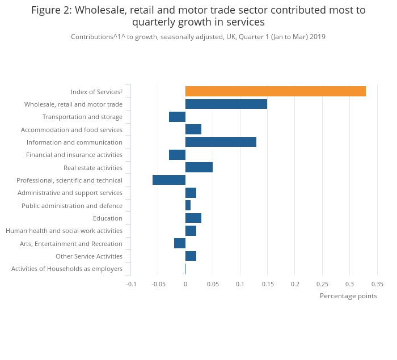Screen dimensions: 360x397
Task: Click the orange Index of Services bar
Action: [x=275, y=91]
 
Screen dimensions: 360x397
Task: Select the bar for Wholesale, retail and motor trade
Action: [x=226, y=104]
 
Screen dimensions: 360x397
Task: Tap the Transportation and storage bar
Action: [x=177, y=117]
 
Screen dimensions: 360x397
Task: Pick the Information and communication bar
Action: [x=221, y=142]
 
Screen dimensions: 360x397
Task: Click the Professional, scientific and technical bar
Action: [x=169, y=180]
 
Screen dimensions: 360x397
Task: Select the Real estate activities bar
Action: [x=198, y=167]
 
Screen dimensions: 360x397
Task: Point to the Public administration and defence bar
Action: [x=188, y=205]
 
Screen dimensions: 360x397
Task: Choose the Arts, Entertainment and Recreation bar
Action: [x=179, y=243]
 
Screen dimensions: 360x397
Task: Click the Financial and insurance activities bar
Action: [x=177, y=155]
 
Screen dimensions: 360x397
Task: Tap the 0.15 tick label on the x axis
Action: [x=267, y=284]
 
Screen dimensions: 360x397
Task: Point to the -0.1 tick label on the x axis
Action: [x=131, y=284]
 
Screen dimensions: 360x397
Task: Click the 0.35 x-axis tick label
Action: [x=377, y=284]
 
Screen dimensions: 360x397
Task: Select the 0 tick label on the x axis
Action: [x=185, y=284]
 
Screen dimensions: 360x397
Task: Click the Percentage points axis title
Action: [x=348, y=296]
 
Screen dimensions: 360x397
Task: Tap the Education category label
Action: [x=108, y=218]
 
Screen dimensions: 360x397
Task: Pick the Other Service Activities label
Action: [x=89, y=256]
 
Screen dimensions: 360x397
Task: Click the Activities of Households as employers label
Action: [x=67, y=269]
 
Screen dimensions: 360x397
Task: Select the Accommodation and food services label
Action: [x=71, y=130]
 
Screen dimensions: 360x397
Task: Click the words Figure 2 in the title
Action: [x=50, y=10]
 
